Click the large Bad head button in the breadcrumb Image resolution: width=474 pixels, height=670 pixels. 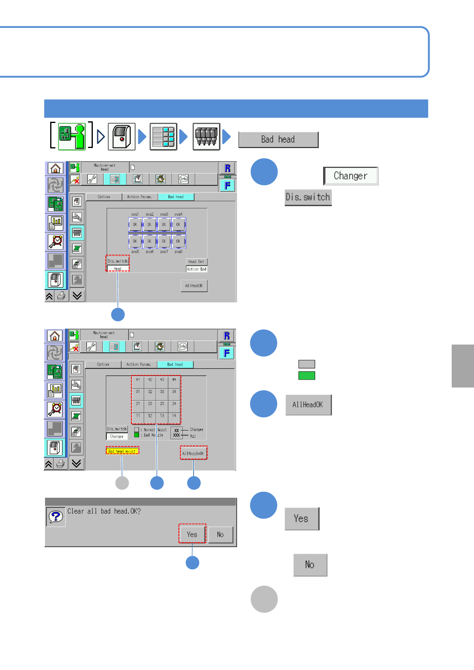(278, 140)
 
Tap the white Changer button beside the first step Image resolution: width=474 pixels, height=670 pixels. (351, 176)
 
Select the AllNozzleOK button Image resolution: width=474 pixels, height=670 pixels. (194, 453)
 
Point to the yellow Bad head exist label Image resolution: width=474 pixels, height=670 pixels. (122, 451)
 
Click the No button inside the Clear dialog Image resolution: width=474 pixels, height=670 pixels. (220, 534)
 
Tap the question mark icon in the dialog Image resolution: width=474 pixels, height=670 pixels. (56, 516)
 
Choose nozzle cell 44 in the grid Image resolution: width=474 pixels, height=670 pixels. (174, 380)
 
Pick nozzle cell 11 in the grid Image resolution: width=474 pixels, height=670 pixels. (138, 416)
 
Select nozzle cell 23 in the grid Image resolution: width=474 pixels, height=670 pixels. (162, 404)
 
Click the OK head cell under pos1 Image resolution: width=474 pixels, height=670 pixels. (135, 224)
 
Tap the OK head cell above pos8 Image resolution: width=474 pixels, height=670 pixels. (178, 241)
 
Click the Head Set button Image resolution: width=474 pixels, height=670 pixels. (196, 261)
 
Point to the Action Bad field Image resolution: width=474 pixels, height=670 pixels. (196, 269)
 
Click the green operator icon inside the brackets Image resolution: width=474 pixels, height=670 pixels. (72, 136)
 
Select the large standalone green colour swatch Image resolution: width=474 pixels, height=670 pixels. (307, 376)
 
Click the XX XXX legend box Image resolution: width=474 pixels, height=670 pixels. (176, 433)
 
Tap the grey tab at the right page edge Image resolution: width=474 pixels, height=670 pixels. (463, 366)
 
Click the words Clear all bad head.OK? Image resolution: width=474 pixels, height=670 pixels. (104, 511)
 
